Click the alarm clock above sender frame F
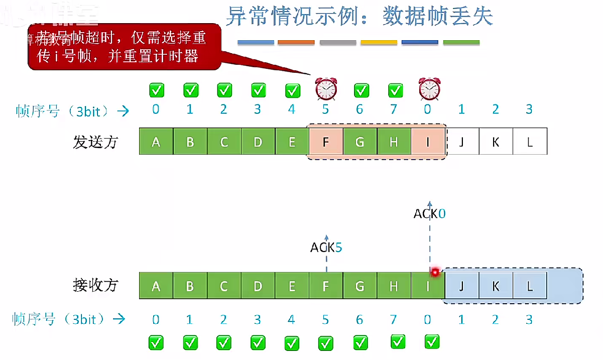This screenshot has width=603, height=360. tap(326, 89)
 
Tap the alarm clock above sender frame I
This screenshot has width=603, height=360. tap(429, 89)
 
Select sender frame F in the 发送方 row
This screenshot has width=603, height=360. tap(325, 142)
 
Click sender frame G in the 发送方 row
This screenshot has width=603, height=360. tap(359, 142)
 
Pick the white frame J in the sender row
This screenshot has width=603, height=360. tap(462, 142)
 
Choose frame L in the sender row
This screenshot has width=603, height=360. tap(530, 142)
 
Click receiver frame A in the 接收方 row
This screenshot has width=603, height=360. tap(156, 286)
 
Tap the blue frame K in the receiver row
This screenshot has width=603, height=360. tap(496, 286)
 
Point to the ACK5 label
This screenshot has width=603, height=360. tap(326, 247)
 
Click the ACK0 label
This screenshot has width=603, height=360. tap(429, 214)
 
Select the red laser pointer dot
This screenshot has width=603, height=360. tap(435, 273)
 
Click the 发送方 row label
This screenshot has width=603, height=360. tap(95, 142)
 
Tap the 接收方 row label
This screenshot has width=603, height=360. tap(95, 286)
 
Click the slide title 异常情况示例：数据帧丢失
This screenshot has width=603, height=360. tap(359, 17)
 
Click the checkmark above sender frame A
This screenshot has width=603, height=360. tap(156, 90)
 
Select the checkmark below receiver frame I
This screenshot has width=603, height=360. tap(432, 342)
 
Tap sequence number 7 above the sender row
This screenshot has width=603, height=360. tap(394, 109)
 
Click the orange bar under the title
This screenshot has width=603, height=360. tap(296, 43)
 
